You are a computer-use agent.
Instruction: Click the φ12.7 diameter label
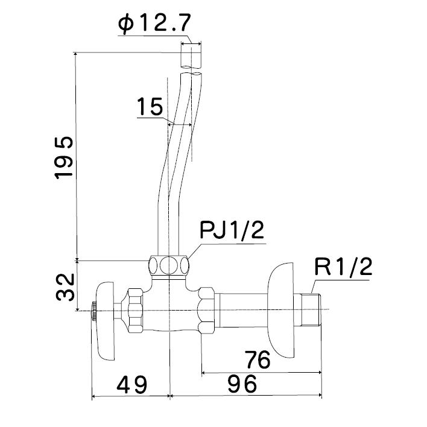[x=154, y=24]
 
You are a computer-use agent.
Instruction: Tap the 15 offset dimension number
[x=150, y=107]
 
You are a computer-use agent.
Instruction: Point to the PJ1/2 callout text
[x=232, y=230]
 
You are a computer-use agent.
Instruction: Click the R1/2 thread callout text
[x=343, y=267]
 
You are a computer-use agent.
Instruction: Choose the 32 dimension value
[x=65, y=287]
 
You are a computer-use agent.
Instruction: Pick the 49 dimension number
[x=132, y=385]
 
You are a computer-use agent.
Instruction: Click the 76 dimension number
[x=258, y=359]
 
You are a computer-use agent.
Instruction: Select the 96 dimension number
[x=242, y=384]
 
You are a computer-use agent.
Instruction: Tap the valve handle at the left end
[x=106, y=321]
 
